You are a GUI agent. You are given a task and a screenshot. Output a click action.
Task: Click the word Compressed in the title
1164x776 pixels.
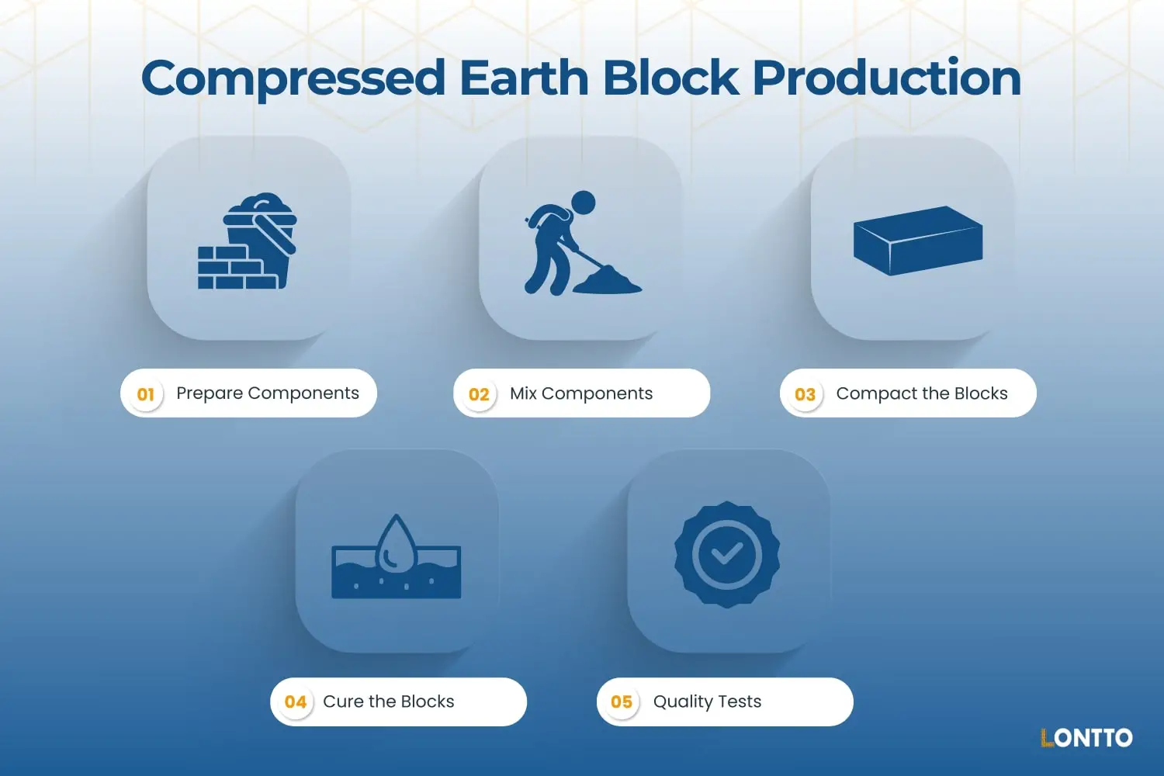(293, 79)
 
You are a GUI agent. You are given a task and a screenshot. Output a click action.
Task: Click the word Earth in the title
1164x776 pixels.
(524, 79)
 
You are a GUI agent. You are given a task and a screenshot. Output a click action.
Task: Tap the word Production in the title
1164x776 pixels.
(886, 79)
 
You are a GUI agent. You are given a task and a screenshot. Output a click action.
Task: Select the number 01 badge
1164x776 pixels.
(146, 394)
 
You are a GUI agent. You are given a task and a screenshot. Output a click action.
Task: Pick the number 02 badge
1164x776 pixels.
(479, 394)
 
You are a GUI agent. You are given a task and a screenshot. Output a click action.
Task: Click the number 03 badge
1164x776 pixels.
(805, 394)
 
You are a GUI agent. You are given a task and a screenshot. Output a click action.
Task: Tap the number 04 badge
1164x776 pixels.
(295, 702)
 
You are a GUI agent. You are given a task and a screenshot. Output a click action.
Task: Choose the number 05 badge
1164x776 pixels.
(622, 702)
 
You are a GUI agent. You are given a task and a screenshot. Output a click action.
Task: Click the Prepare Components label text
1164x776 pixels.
(268, 393)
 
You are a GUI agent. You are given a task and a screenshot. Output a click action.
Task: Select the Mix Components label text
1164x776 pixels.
(581, 393)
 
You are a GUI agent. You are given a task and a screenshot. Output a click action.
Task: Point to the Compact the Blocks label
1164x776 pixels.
(922, 393)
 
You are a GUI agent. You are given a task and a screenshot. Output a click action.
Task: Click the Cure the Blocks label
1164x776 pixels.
(389, 702)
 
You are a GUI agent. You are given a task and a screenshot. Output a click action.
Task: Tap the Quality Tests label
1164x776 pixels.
(707, 702)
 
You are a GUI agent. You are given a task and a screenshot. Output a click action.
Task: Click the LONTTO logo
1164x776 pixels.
(1086, 737)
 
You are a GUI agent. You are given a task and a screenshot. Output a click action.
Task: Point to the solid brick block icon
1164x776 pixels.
(918, 241)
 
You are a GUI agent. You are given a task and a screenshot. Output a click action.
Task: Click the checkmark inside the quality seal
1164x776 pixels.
(727, 553)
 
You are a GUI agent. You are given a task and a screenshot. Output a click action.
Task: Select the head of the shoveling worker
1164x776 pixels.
(583, 203)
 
